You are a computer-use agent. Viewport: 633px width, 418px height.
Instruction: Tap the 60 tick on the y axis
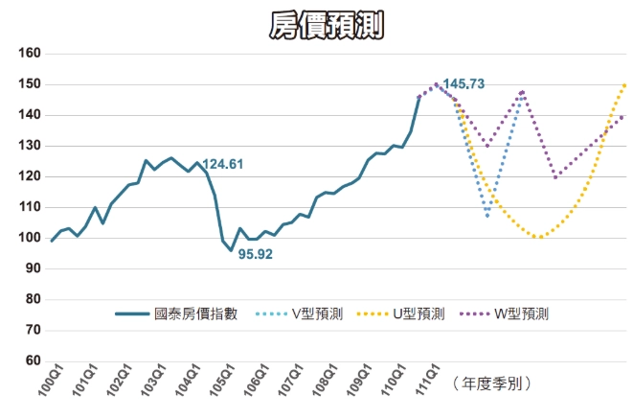[31, 360]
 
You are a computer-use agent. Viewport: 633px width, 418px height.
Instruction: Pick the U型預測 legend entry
[418, 313]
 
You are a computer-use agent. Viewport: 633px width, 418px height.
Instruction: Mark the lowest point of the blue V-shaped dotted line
[487, 217]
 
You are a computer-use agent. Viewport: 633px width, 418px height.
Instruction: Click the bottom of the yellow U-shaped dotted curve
[540, 237]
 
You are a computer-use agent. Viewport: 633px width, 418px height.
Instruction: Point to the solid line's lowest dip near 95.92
[231, 250]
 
